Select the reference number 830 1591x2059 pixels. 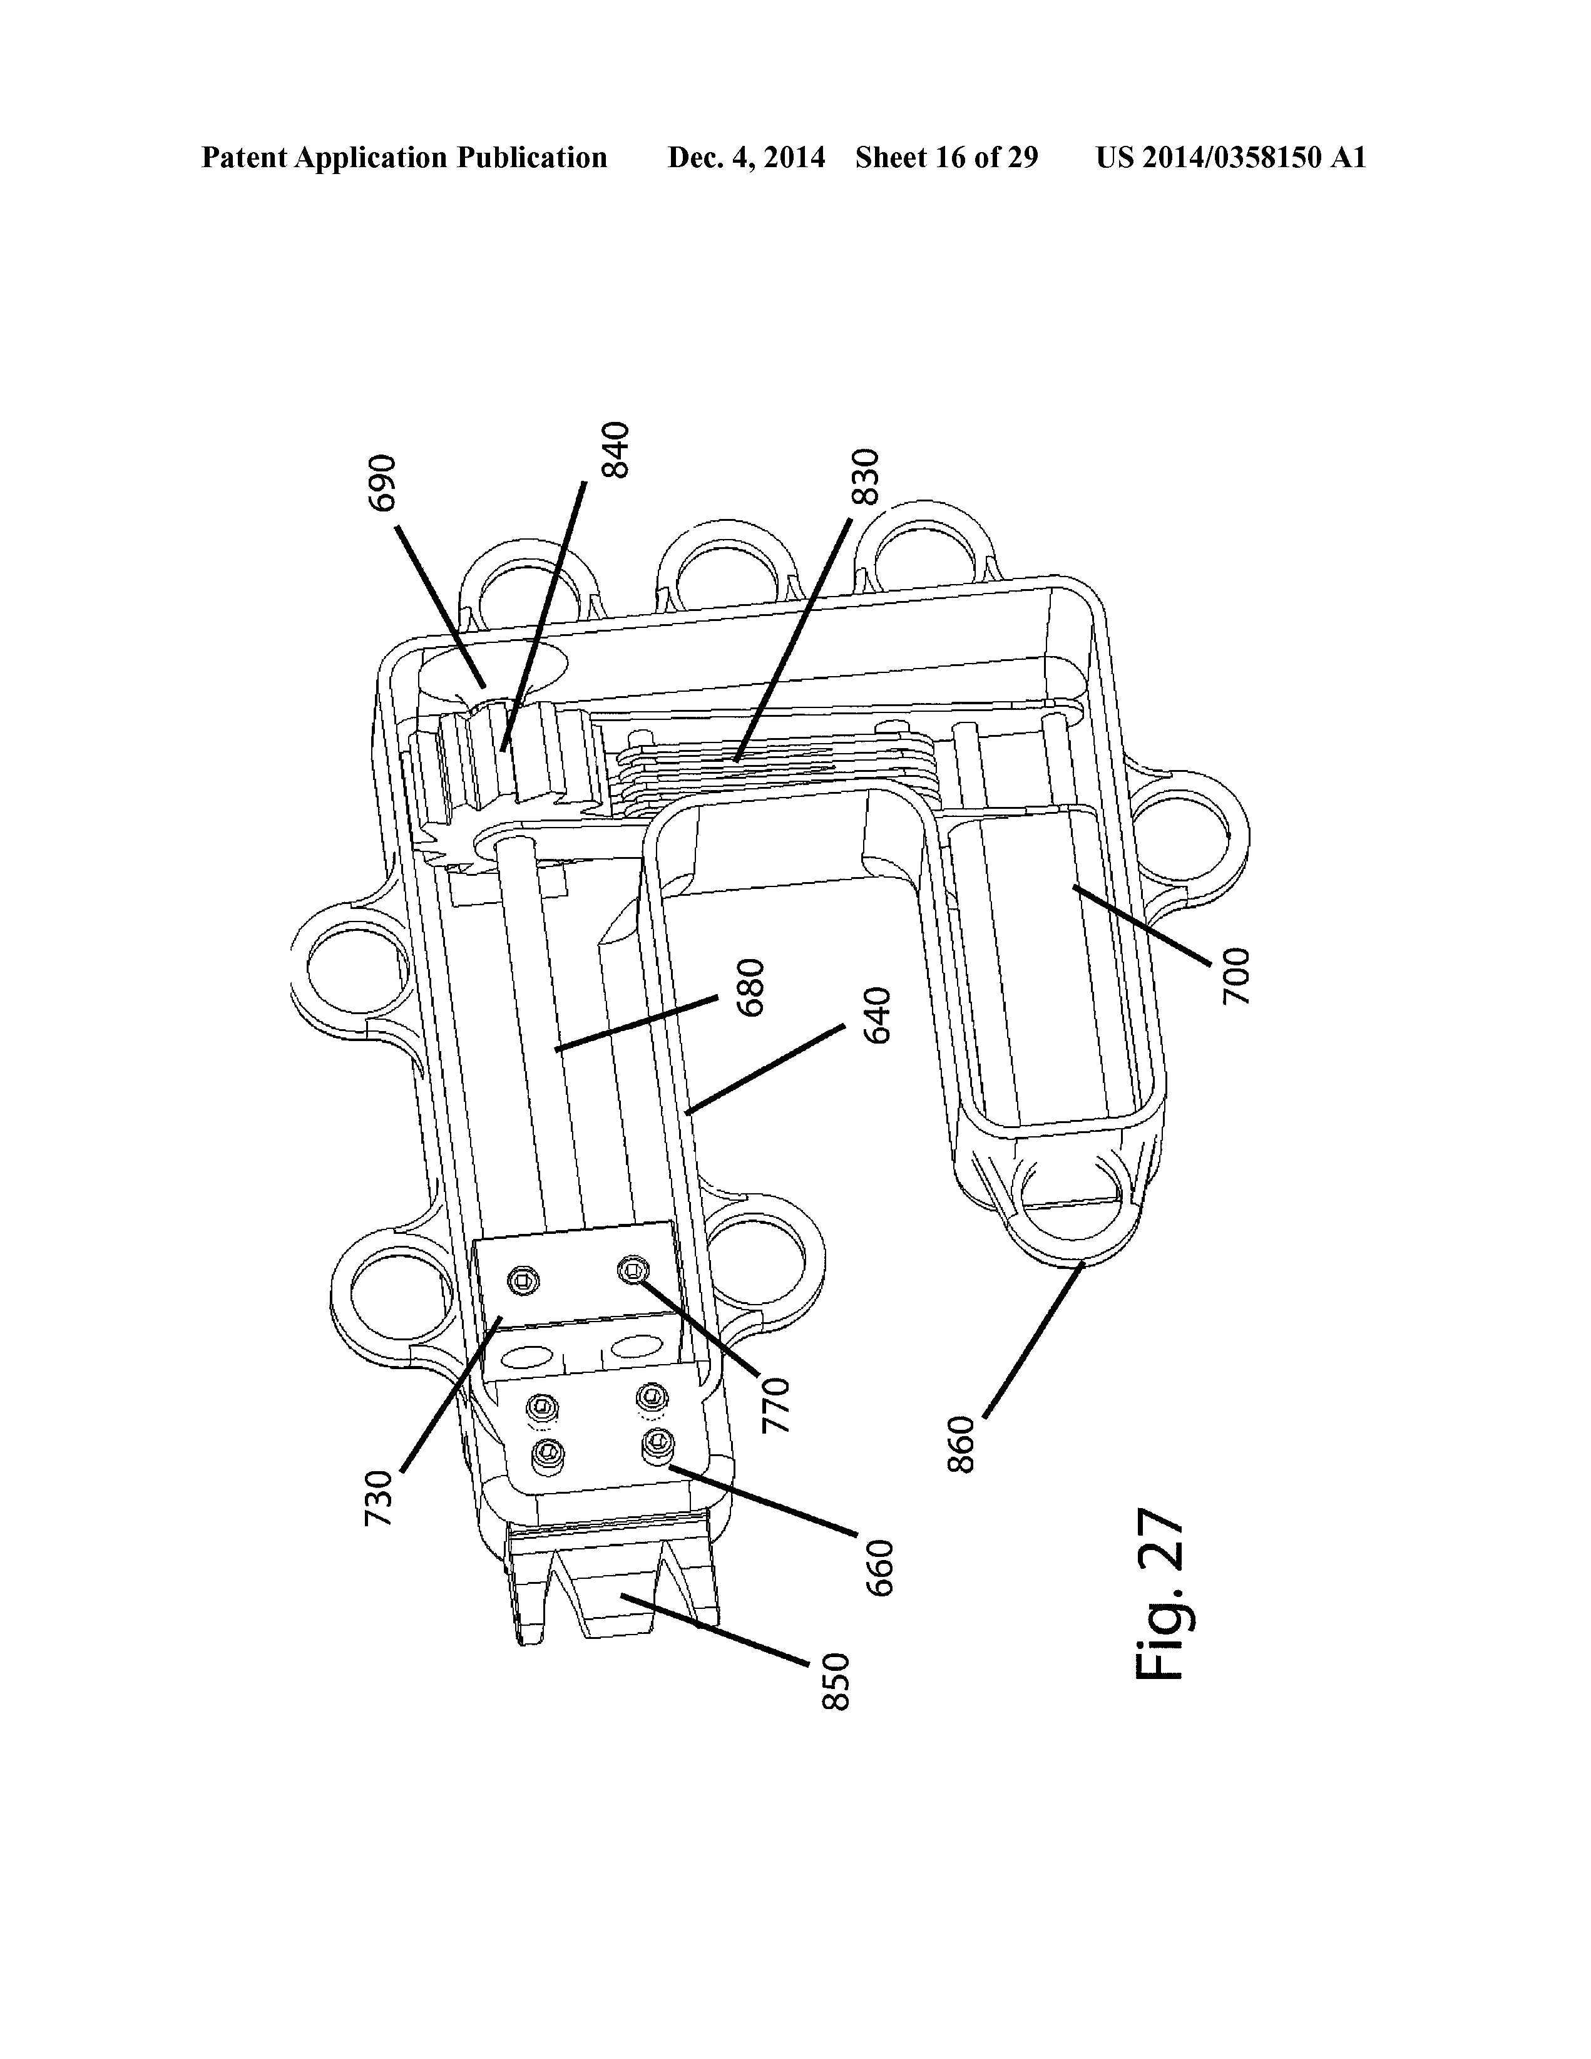[865, 477]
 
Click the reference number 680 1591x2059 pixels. [751, 987]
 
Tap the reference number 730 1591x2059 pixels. [378, 1499]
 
